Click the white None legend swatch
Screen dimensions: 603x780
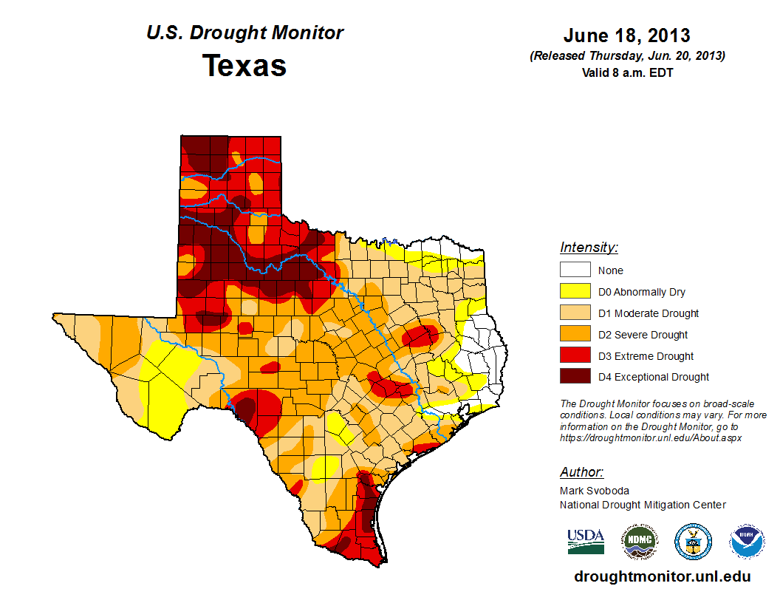[x=575, y=270]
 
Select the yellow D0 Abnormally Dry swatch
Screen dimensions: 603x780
[x=575, y=292]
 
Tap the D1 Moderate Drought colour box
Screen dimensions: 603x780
[x=575, y=313]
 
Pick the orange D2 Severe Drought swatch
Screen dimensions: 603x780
[x=575, y=335]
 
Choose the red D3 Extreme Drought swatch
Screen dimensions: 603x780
[x=575, y=356]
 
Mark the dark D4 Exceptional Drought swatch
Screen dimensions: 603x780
[x=575, y=377]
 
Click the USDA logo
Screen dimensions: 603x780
[x=586, y=541]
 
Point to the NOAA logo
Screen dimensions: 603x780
[x=747, y=542]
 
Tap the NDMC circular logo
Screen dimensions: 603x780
[x=639, y=542]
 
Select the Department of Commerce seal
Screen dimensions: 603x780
[x=693, y=542]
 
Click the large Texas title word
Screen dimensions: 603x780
[x=244, y=66]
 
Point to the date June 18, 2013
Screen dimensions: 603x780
[x=626, y=35]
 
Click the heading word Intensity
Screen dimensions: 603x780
[x=589, y=248]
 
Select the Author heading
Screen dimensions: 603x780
[x=581, y=472]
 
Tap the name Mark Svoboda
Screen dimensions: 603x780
[x=593, y=491]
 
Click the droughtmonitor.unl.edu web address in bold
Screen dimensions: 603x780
[x=662, y=577]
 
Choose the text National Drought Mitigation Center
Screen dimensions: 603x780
[x=643, y=505]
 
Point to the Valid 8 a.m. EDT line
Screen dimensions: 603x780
[x=626, y=72]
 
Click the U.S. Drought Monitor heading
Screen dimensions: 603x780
[x=244, y=33]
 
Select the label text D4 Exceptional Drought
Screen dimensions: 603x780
[x=654, y=377]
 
